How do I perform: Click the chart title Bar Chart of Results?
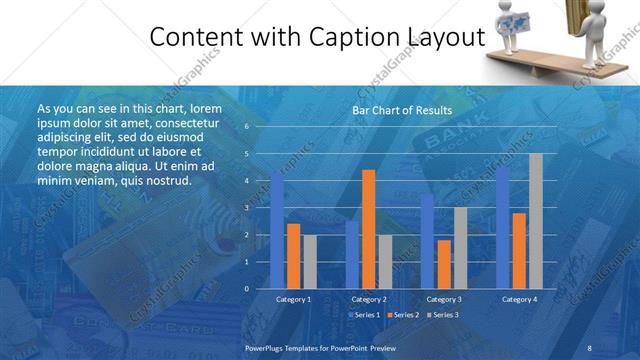(401, 110)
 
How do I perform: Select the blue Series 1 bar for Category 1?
(277, 230)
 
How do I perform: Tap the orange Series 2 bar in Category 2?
(368, 229)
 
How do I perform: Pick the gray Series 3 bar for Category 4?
(535, 221)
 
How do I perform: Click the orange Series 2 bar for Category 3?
(444, 264)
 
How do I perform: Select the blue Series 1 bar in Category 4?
(503, 228)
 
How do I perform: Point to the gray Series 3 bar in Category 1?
(309, 262)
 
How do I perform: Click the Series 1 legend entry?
(363, 315)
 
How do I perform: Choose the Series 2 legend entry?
(403, 315)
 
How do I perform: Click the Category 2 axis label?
(369, 299)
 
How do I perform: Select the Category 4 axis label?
(519, 299)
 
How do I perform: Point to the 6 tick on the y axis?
(246, 127)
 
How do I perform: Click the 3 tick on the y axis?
(246, 208)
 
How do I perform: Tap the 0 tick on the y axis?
(246, 289)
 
